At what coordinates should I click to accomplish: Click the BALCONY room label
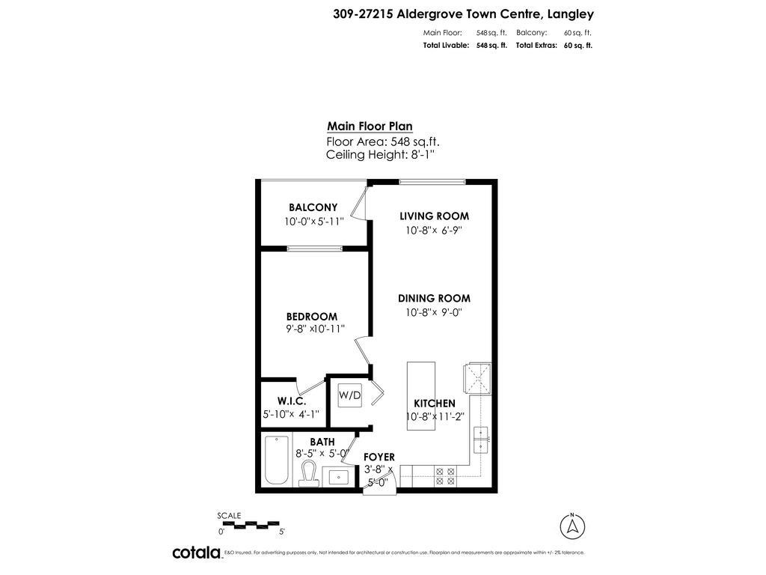(x=313, y=207)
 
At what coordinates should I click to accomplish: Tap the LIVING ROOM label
(x=434, y=216)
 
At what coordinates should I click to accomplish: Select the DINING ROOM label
(x=434, y=298)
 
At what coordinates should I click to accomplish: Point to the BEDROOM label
(x=311, y=317)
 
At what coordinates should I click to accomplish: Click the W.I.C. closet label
(x=292, y=401)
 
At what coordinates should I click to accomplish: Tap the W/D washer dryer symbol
(x=349, y=395)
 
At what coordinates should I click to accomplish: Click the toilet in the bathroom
(x=308, y=473)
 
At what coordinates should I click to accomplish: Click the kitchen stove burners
(x=445, y=476)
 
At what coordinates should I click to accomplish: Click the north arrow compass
(x=572, y=526)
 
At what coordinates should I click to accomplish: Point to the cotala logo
(x=197, y=553)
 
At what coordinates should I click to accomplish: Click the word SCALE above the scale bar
(x=229, y=515)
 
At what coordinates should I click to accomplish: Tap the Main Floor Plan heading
(x=370, y=127)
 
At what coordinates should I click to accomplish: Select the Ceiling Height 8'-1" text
(x=380, y=155)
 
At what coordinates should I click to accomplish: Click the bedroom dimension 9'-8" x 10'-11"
(x=315, y=329)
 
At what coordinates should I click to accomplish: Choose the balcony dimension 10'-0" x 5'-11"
(x=313, y=222)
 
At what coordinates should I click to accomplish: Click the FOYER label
(x=379, y=457)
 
